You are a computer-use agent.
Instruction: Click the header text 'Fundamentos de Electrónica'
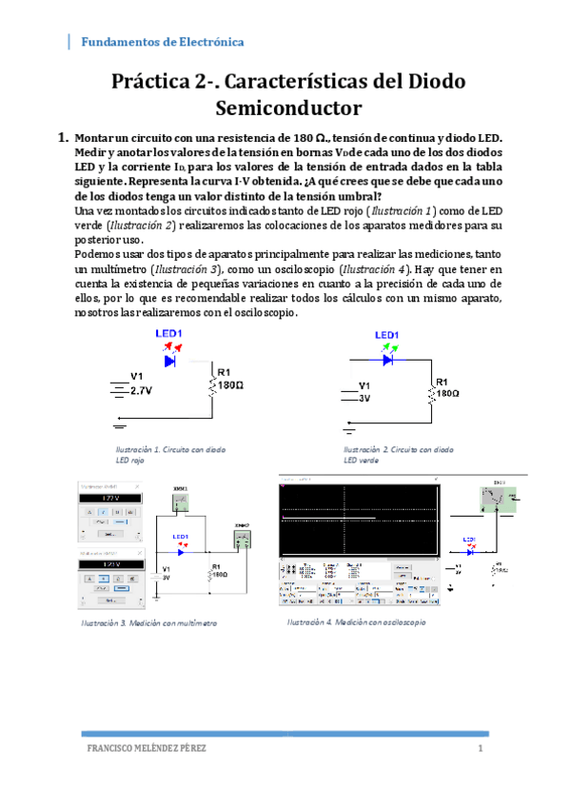[162, 43]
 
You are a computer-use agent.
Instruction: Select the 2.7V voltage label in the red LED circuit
[143, 391]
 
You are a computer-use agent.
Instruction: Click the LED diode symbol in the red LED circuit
[171, 361]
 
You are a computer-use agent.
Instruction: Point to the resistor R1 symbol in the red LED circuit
[211, 385]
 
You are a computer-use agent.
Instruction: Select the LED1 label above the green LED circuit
[386, 335]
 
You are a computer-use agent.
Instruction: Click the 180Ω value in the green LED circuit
[449, 392]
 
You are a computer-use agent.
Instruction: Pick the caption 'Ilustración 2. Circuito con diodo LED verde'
[398, 453]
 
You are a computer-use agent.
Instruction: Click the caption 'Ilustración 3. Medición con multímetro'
[160, 622]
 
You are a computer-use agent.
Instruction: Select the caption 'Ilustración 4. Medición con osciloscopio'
[356, 621]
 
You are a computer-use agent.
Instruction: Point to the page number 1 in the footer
[482, 749]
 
